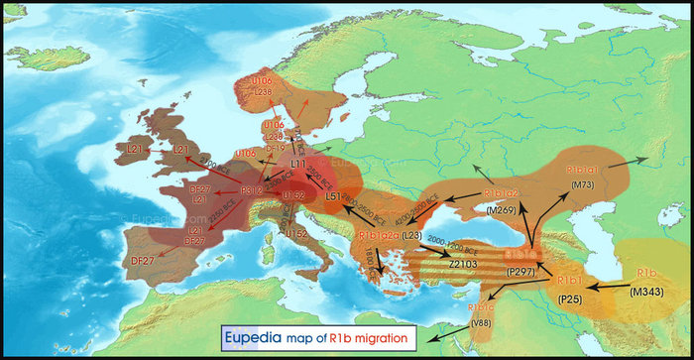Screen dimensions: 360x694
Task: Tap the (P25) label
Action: coord(569,298)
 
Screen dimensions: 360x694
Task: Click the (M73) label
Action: coord(582,184)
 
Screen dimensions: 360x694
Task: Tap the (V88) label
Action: coord(482,321)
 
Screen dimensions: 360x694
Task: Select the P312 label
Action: coord(252,190)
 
